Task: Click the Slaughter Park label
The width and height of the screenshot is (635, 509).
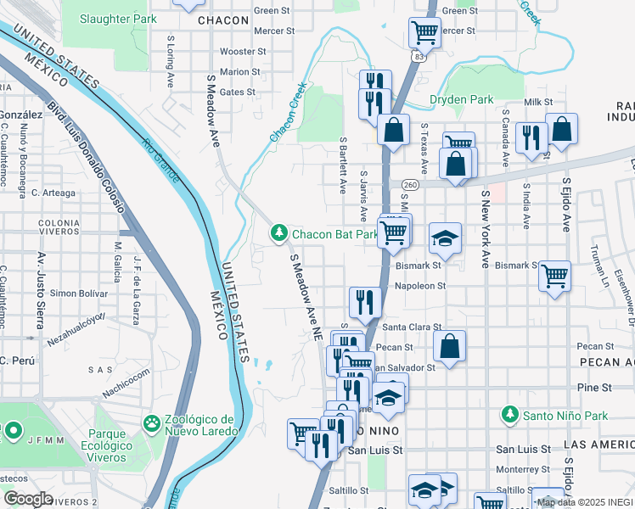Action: tap(120, 18)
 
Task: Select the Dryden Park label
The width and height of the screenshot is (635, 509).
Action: tap(461, 99)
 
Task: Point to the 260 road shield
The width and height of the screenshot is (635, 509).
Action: tap(411, 184)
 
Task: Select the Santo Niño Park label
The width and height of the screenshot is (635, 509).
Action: tap(551, 415)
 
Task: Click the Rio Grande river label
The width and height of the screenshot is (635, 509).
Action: tap(160, 160)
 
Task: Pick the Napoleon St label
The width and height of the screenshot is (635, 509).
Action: tap(420, 287)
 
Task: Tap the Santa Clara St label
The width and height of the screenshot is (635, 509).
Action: tap(412, 327)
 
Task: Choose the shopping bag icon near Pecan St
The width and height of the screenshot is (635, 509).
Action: tap(450, 345)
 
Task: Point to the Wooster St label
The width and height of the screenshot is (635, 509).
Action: tap(237, 52)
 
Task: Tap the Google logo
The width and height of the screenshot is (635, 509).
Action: tap(28, 499)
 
